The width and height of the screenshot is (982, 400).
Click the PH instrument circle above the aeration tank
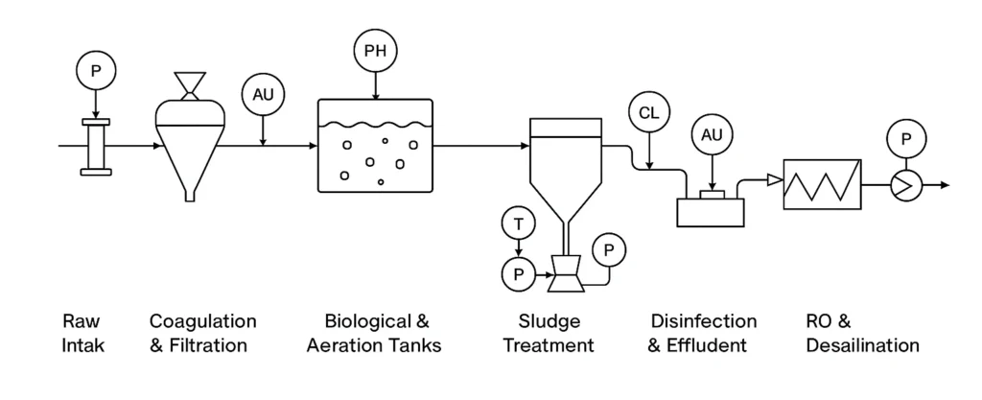[x=375, y=50]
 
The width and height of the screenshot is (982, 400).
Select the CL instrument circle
[x=648, y=112]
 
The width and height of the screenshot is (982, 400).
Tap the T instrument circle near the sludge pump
[x=519, y=224]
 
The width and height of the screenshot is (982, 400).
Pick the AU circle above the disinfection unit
[x=711, y=134]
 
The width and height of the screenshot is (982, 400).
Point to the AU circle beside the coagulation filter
[x=263, y=94]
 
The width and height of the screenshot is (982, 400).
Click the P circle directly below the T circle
[x=519, y=274]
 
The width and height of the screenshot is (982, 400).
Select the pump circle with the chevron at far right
[x=904, y=184]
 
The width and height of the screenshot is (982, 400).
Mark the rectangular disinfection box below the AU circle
[x=711, y=211]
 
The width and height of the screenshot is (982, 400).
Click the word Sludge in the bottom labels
[x=549, y=321]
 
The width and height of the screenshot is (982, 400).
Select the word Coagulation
[x=203, y=321]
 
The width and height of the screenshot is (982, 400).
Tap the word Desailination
[x=862, y=345]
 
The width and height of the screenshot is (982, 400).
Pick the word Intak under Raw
[x=82, y=345]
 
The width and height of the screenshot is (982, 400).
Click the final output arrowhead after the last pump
[x=945, y=184]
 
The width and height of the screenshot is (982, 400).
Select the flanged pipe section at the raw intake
[x=95, y=147]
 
